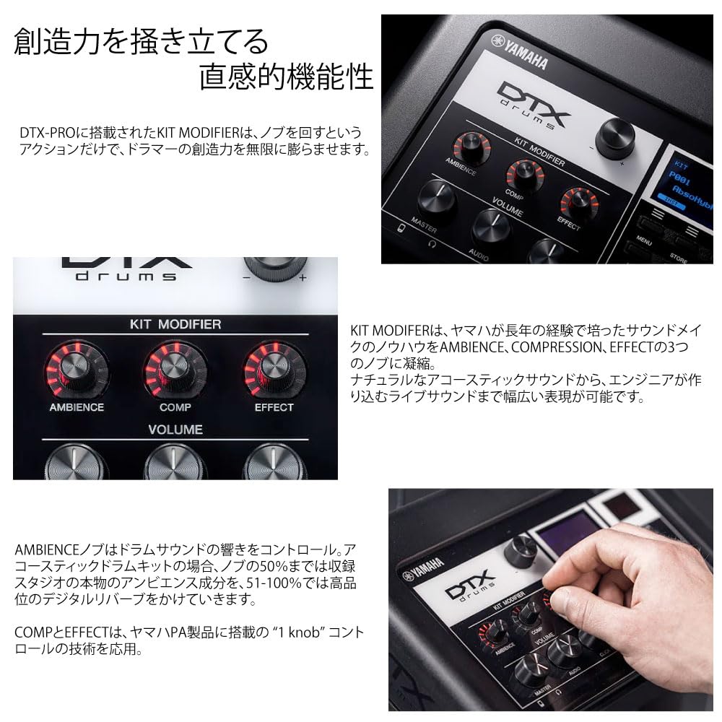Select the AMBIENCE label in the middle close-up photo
tap(77, 407)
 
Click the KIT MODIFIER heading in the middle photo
tap(175, 324)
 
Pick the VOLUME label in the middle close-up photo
tap(175, 430)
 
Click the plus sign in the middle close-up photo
tap(303, 277)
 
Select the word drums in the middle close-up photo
tap(126, 276)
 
